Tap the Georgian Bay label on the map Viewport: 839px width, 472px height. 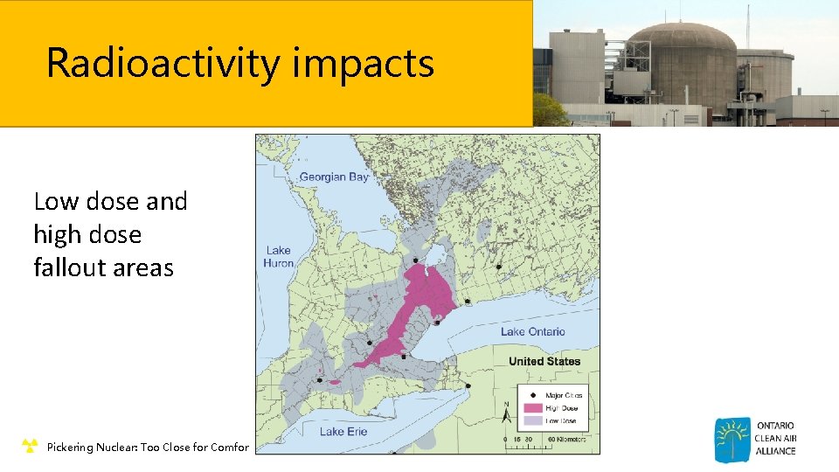coord(334,177)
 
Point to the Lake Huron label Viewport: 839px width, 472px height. coord(279,257)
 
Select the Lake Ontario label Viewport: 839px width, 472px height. coord(532,331)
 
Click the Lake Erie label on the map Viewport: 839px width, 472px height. coord(343,431)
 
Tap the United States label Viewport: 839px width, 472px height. coord(544,361)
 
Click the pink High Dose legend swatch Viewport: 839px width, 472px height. coord(531,407)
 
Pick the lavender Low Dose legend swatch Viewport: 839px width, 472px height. coord(531,420)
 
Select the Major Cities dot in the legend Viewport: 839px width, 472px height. coord(531,395)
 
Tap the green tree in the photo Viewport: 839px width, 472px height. coord(549,111)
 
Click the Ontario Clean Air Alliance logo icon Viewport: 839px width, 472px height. coord(732,440)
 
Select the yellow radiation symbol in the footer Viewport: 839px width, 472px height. coord(30,447)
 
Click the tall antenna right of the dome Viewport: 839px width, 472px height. coord(747,26)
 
